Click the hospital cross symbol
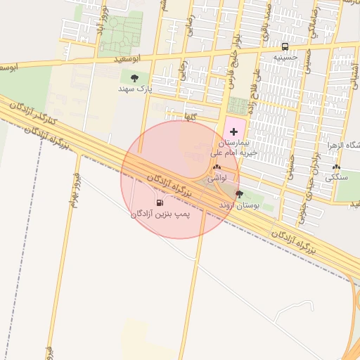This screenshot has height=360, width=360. pos(233,132)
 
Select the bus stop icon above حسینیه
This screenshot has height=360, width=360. pos(285,46)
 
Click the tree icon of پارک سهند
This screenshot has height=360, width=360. pos(134,78)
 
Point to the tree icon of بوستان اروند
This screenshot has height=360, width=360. pos(239,194)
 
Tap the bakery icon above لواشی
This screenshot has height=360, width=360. pos(217,167)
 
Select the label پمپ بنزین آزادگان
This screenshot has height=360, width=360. pos(160,212)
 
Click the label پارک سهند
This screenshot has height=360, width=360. pos(135,89)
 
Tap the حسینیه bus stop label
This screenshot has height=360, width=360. pos(285,56)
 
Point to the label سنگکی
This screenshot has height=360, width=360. pos(336,178)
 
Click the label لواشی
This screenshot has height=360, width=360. pos(217,178)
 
